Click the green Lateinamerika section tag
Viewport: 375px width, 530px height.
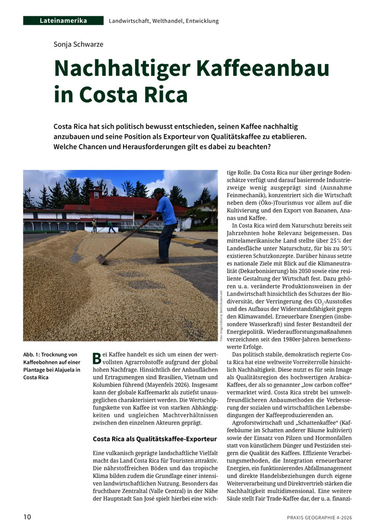(63, 21)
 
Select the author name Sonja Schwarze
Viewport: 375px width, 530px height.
(78, 44)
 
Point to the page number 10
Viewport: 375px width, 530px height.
(27, 517)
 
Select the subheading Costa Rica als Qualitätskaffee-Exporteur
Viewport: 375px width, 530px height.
(154, 438)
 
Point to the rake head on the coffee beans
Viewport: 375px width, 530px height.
(102, 259)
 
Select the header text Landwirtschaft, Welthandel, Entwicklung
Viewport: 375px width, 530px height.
(164, 21)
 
